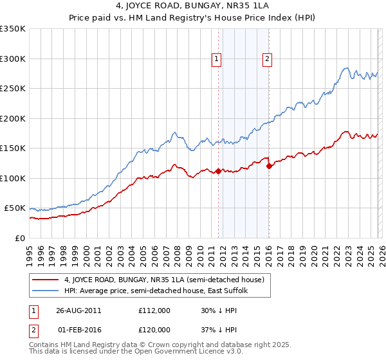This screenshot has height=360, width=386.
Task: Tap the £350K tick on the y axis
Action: pyautogui.click(x=13, y=29)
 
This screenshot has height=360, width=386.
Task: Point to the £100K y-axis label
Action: pyautogui.click(x=13, y=178)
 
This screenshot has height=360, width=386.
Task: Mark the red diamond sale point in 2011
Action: pyautogui.click(x=218, y=171)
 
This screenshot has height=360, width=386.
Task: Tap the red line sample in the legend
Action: pyautogui.click(x=46, y=280)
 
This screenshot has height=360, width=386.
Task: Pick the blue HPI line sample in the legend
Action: pyautogui.click(x=46, y=291)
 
